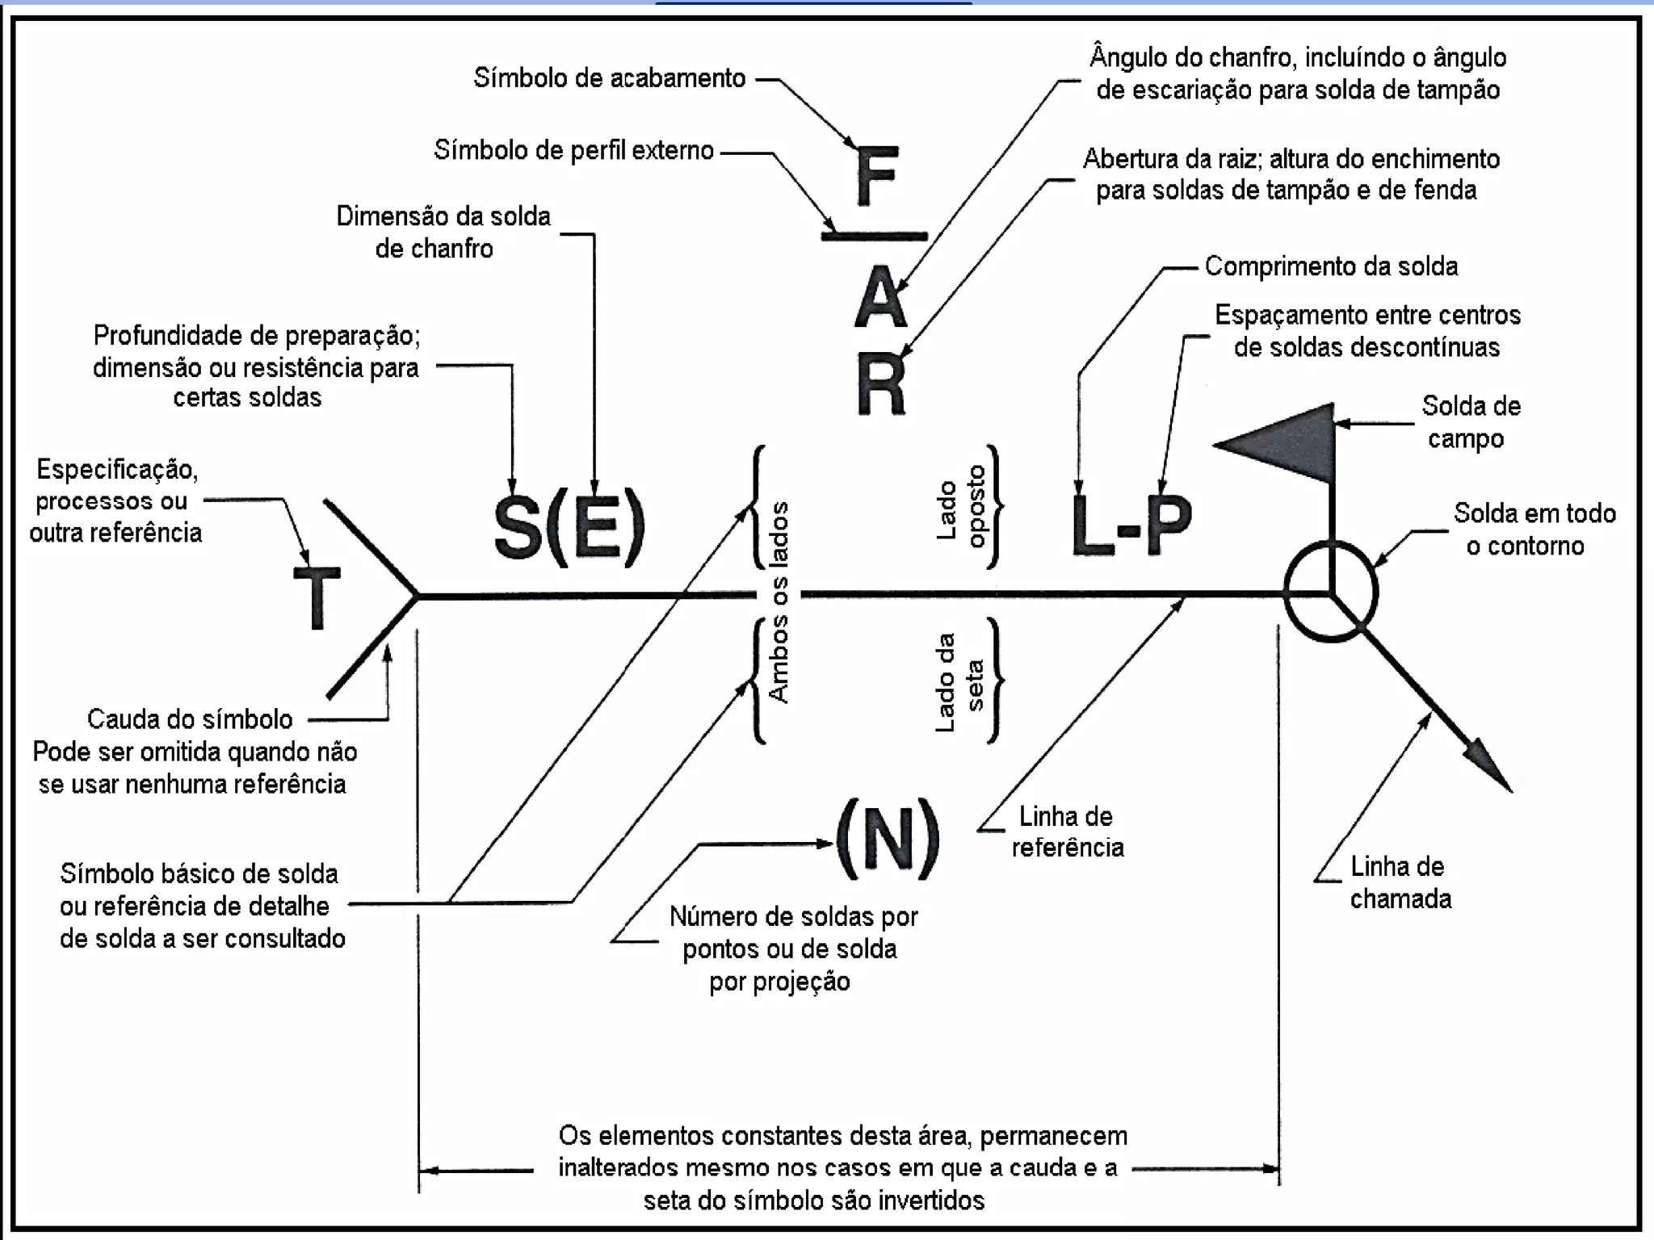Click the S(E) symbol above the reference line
point(569,526)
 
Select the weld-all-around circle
point(1330,592)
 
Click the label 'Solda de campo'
point(1470,421)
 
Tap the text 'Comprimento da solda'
point(1330,266)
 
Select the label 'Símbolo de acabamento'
point(609,78)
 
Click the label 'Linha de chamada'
point(1400,882)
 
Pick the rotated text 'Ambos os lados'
point(779,601)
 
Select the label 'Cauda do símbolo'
point(190,718)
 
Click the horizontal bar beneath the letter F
point(875,236)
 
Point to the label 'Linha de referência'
point(1066,831)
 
